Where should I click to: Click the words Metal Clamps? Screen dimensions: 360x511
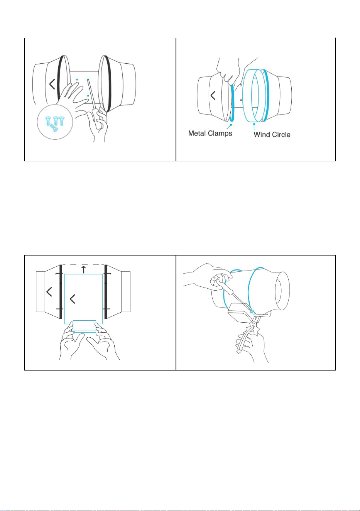pos(210,133)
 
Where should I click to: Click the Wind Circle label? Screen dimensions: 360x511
pos(272,134)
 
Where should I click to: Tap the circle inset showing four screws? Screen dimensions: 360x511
pos(55,122)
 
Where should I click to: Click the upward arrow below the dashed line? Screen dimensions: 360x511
pos(84,269)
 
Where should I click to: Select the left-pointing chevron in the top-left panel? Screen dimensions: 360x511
pos(52,84)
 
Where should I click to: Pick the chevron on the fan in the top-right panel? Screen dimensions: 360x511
pos(213,95)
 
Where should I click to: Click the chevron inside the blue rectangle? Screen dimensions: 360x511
pos(73,299)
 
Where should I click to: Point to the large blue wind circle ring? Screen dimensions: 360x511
pos(247,96)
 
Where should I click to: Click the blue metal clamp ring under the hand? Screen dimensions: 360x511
pos(233,103)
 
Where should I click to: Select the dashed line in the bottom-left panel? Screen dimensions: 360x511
pos(84,265)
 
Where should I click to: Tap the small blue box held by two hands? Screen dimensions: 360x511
pos(85,327)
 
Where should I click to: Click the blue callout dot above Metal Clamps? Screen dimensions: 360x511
pos(232,125)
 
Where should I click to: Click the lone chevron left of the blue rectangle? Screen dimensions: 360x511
pos(49,292)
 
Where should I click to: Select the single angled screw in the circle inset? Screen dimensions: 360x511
pos(54,128)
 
